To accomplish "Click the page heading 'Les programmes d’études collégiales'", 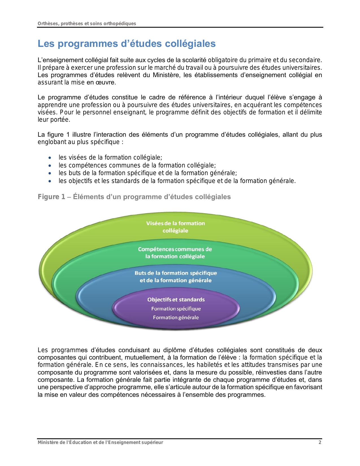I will coord(126,44).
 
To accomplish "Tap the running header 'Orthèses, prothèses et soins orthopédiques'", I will coord(87,23).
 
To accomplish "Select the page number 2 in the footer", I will coord(320,442).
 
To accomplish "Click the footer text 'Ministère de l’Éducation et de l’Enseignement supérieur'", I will coord(100,442).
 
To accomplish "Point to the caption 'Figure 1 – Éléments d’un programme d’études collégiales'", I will coord(134,197).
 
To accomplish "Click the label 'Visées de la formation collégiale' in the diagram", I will coord(175,227).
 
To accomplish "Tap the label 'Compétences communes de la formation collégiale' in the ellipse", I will coord(175,253).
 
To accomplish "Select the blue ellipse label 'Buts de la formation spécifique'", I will coord(176,273).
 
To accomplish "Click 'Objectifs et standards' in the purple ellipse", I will coord(176,300).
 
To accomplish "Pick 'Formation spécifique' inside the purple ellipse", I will coord(176,309).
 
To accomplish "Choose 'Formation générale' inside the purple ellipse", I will coord(176,317).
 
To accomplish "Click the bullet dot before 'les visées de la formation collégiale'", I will coord(50,158).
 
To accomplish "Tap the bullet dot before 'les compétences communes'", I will coord(50,166).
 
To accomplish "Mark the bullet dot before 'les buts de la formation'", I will coord(50,173).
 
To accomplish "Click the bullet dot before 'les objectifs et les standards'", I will coord(50,181).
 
